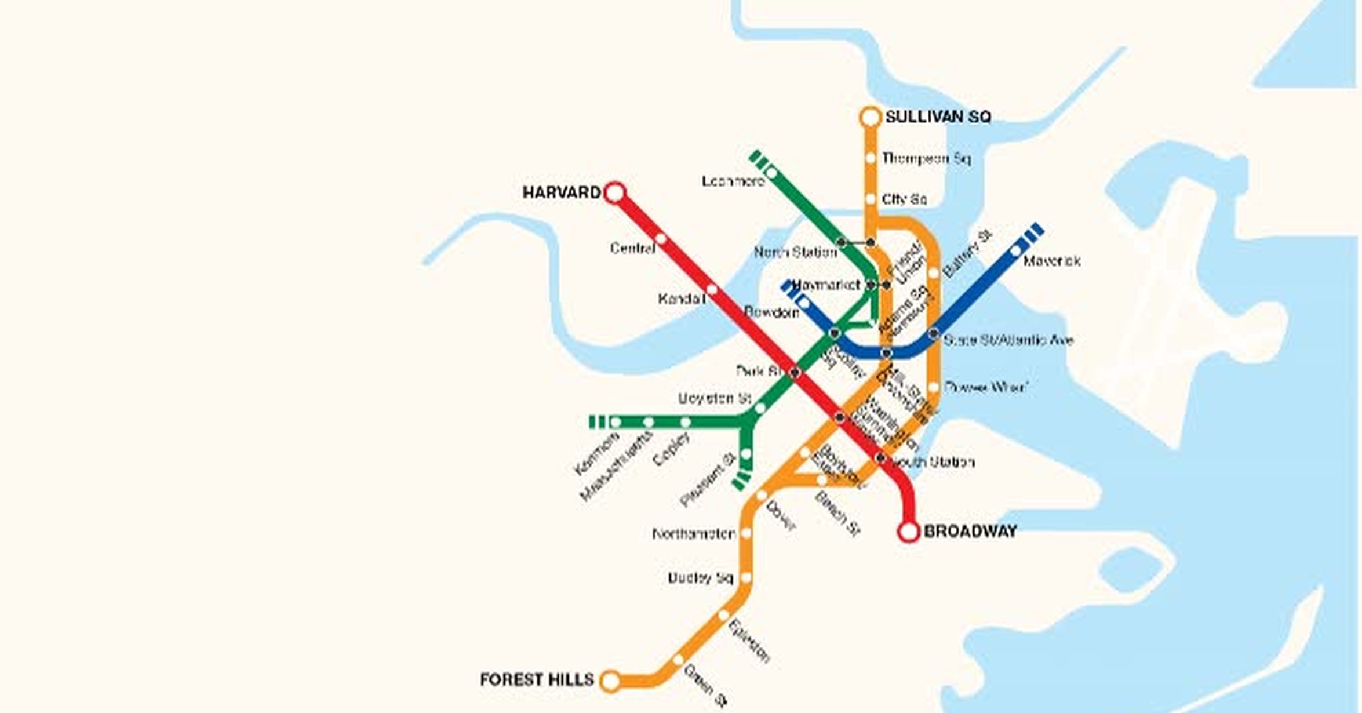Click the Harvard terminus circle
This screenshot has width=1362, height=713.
[615, 192]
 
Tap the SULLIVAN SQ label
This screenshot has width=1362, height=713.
[938, 117]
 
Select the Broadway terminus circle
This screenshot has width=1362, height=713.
[909, 532]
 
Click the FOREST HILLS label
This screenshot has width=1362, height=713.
[537, 679]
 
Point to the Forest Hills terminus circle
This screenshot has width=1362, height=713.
[610, 681]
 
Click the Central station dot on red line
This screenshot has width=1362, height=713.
[661, 239]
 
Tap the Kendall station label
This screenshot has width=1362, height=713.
[681, 299]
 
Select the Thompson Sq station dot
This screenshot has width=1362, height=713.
[871, 158]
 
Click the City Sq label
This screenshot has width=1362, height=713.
[904, 199]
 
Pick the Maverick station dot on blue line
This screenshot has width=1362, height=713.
[1015, 252]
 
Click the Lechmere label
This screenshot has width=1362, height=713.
[733, 182]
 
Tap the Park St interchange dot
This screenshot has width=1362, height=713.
[795, 372]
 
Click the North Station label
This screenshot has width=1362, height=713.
[795, 252]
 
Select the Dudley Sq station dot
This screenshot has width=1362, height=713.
[746, 577]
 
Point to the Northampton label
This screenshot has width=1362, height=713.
[693, 533]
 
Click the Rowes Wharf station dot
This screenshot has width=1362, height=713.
[934, 387]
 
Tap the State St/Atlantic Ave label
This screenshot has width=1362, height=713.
[1008, 340]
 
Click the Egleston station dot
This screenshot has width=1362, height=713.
[724, 615]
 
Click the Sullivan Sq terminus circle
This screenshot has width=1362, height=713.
[870, 117]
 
